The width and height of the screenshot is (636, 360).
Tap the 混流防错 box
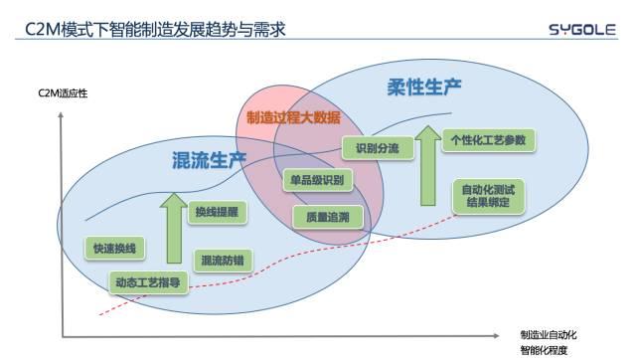(222, 262)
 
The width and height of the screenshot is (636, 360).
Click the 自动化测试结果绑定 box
(487, 196)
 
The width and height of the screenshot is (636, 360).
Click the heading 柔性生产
(423, 87)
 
